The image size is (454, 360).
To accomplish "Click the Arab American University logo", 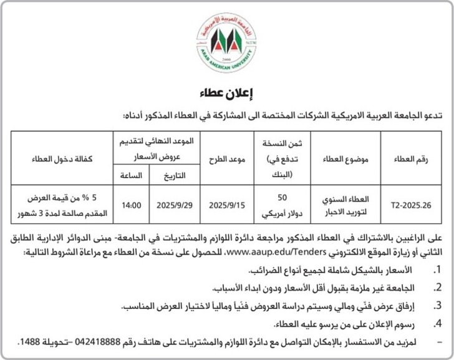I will coord(227,43).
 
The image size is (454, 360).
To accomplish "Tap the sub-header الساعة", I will coord(131,175).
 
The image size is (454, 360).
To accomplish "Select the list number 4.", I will coord(437,324).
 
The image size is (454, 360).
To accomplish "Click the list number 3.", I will coord(437,306).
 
